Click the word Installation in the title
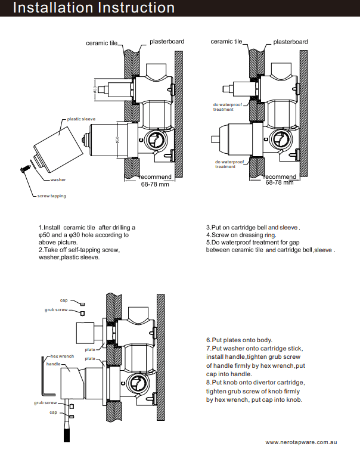coord(50,8)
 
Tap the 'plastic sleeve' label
coord(81,119)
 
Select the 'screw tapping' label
coord(52,196)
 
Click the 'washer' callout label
coord(58,179)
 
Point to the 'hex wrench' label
coord(62,356)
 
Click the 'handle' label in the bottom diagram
coord(53,363)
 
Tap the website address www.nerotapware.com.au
coord(302,442)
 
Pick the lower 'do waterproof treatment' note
coord(229,164)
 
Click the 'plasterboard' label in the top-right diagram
coord(290,42)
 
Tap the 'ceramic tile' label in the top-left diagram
coord(101,43)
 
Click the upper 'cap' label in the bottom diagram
coord(63,300)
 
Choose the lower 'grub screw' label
coord(45,403)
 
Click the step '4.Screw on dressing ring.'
coord(241,235)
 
